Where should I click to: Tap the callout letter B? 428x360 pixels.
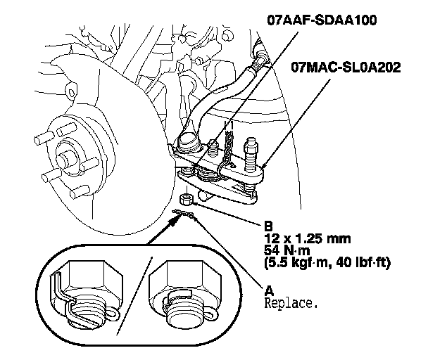[x=267, y=227]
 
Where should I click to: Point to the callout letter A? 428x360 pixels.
[x=267, y=288]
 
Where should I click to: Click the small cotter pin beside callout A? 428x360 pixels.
[x=184, y=212]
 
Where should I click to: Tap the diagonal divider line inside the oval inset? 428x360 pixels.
[x=134, y=295]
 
